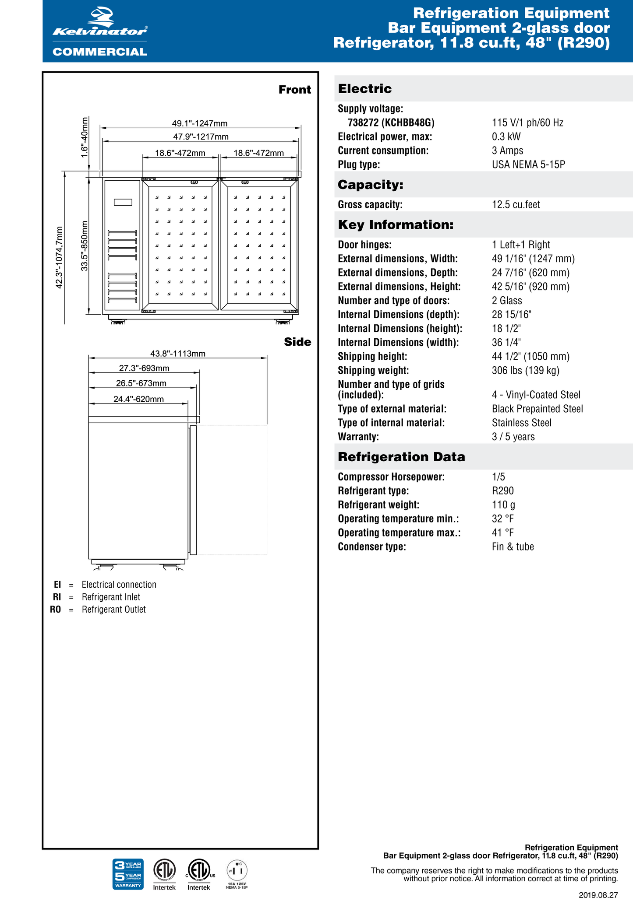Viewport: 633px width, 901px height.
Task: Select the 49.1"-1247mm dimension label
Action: click(199, 123)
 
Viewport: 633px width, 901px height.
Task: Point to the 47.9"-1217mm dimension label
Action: click(201, 137)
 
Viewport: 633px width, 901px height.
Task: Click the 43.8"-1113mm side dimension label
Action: click(177, 354)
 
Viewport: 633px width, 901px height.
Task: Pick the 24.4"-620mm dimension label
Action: click(138, 399)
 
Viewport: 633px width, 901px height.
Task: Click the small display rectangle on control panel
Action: click(123, 202)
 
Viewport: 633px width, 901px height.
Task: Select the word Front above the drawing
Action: click(295, 90)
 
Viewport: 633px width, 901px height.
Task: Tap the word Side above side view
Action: click(297, 342)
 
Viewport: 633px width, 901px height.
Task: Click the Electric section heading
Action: click(365, 89)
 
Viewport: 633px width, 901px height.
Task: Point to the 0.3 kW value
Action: click(506, 137)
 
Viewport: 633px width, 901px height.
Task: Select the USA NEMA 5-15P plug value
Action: click(528, 165)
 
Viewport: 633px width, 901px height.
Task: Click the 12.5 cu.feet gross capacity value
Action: click(516, 204)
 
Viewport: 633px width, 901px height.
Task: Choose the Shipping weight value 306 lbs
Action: click(525, 371)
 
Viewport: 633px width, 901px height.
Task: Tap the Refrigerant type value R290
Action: click(502, 491)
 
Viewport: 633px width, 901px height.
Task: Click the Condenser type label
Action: click(371, 547)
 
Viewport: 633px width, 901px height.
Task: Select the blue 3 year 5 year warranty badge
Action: click(128, 874)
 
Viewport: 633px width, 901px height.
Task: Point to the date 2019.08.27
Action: click(598, 895)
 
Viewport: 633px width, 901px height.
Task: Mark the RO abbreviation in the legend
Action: click(55, 610)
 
